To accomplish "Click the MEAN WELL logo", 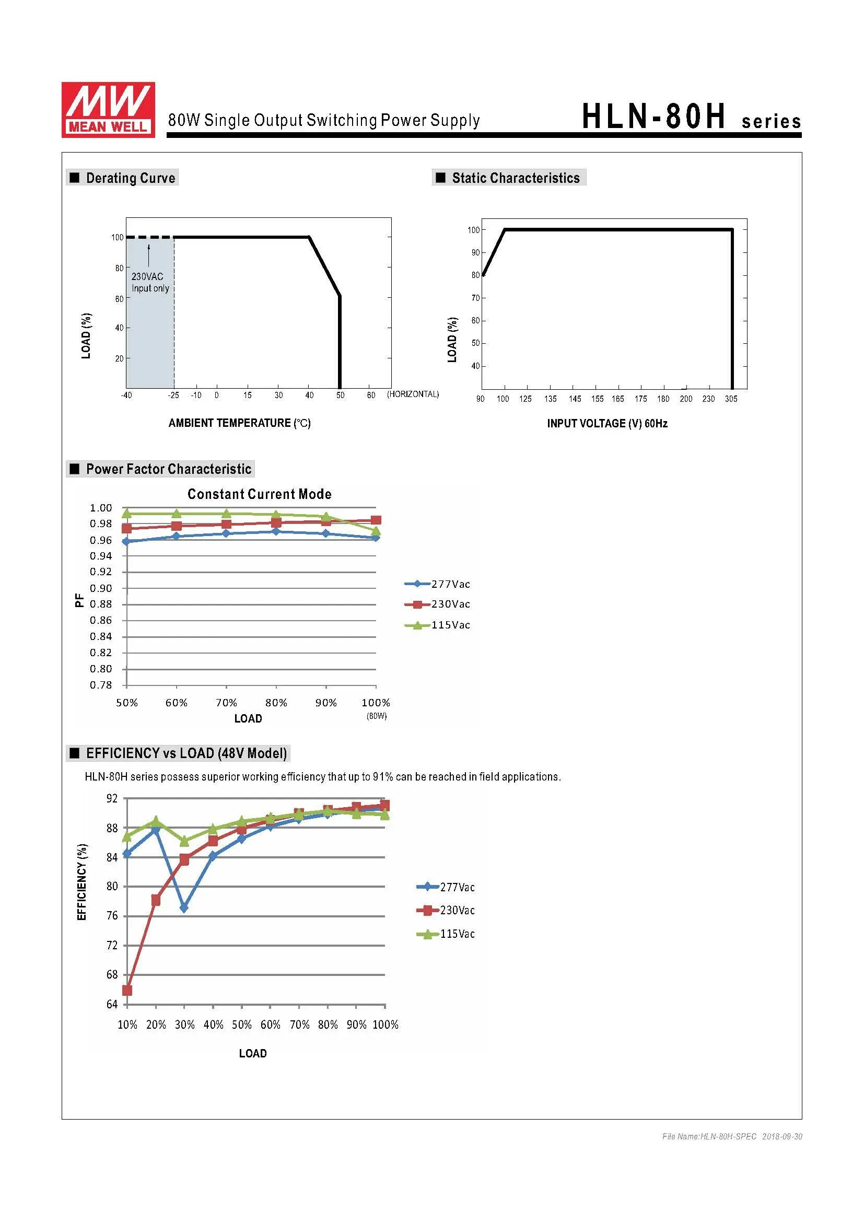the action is coord(108,110).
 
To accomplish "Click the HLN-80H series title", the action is coord(691,117).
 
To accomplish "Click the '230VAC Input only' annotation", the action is coord(150,283).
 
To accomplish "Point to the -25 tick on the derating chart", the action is coord(173,395).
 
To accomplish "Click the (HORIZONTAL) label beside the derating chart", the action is coord(413,394).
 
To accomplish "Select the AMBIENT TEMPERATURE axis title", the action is coord(239,423).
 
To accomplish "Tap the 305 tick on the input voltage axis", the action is coord(731,399).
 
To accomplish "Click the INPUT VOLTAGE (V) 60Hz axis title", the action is coord(607,424).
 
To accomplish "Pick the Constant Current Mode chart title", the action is coord(260,494).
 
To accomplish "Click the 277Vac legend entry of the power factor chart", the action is coord(437,585).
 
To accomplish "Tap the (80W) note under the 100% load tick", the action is coord(376,716).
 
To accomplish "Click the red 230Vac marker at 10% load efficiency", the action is coord(127,991).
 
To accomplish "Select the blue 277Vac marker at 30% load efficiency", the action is coord(184,908).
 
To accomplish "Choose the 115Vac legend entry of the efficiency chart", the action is coord(446,934).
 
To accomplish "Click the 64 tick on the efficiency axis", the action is coord(112,1005).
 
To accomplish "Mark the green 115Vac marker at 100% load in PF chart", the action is coord(376,531).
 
